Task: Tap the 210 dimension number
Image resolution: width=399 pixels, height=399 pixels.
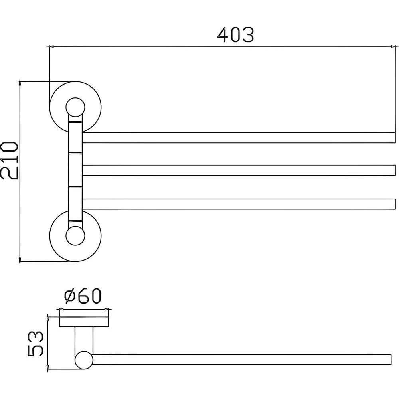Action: (x=10, y=160)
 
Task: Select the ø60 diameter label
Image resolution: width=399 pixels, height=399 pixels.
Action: (x=83, y=296)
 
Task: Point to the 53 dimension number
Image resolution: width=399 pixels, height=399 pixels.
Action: (x=36, y=344)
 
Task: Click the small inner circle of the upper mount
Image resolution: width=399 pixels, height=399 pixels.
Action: (x=75, y=107)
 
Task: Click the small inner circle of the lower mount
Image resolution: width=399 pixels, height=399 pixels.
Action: (x=75, y=236)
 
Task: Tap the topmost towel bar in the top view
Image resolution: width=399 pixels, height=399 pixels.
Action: (x=239, y=138)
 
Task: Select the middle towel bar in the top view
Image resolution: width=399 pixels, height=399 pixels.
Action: (x=239, y=170)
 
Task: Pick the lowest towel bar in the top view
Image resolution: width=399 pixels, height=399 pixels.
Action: (x=239, y=204)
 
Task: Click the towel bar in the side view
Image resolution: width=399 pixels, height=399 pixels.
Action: (x=242, y=359)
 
